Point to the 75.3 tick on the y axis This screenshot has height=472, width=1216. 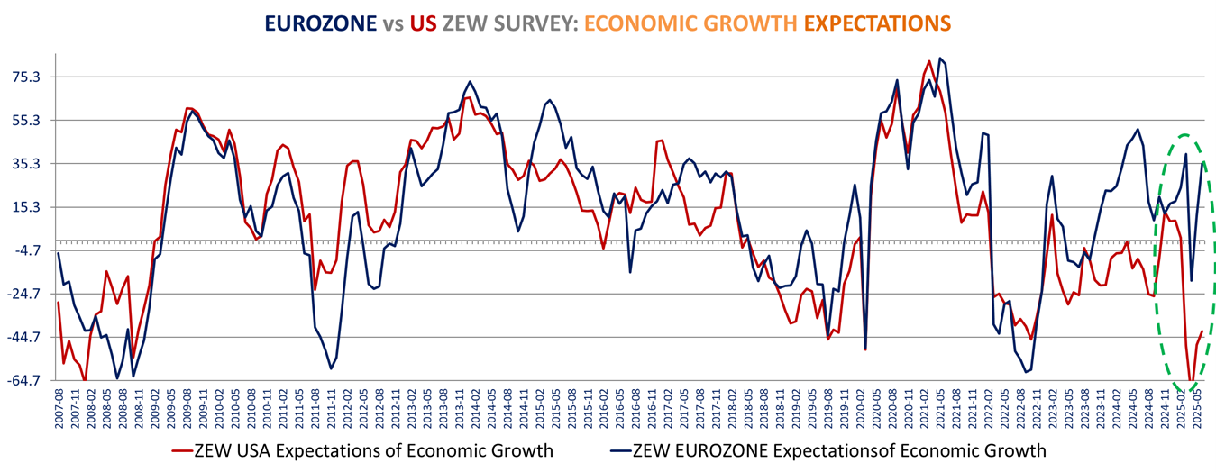point(24,77)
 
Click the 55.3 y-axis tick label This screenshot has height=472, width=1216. point(24,121)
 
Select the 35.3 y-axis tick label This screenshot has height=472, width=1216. point(24,164)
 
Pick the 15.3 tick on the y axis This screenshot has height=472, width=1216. point(24,207)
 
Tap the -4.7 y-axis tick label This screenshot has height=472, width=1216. point(24,250)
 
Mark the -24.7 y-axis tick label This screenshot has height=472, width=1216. point(22,294)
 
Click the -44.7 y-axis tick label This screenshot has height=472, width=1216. point(22,338)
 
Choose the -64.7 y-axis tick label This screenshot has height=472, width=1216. point(22,381)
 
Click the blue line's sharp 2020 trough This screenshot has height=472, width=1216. point(865,348)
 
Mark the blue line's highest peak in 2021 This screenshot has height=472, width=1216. point(939,59)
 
